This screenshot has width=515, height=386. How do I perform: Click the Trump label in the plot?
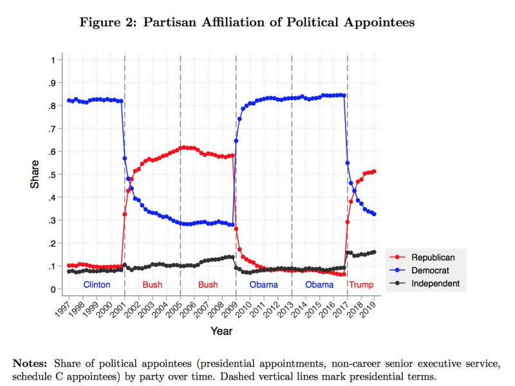(360, 284)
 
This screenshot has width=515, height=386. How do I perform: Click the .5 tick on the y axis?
(51, 175)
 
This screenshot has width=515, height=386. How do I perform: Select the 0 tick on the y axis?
(53, 289)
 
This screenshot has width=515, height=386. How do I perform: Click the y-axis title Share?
(35, 174)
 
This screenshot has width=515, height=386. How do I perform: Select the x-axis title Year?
(221, 331)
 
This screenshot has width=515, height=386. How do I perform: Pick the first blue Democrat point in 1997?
(69, 100)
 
